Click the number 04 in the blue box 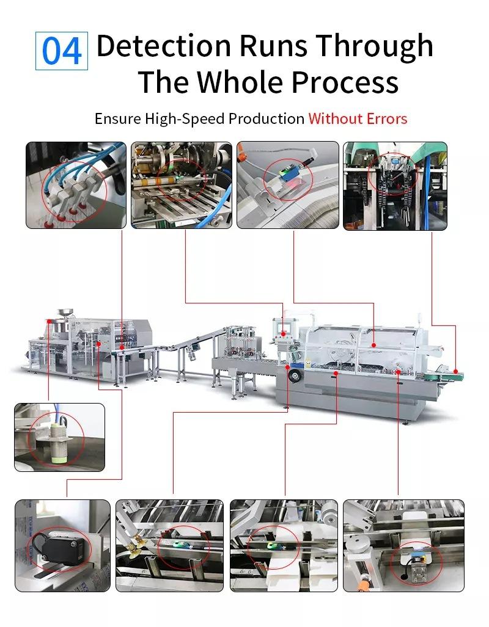(x=62, y=52)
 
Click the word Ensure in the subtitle (x=117, y=118)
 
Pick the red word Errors (x=385, y=118)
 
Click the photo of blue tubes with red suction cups (x=76, y=185)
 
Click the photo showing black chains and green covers (x=395, y=186)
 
